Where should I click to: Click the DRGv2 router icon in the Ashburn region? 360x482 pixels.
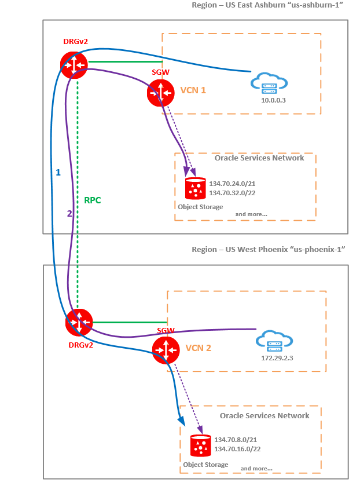(x=72, y=65)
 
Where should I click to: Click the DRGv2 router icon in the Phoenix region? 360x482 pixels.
(x=79, y=323)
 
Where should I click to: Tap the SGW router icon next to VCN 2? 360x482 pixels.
(x=166, y=350)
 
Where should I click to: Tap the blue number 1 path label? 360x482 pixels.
(x=58, y=173)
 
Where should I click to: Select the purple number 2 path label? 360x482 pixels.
(x=69, y=213)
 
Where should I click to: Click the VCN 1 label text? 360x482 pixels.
(x=193, y=90)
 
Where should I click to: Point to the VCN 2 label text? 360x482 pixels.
(x=199, y=349)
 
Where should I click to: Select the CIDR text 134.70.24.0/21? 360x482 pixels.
(x=232, y=183)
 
